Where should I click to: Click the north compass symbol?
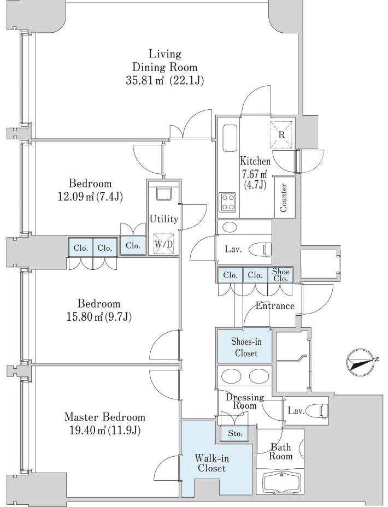(x=361, y=363)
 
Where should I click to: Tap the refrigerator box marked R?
(x=281, y=135)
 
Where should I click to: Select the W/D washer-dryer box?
(x=163, y=244)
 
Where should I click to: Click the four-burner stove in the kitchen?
(x=227, y=202)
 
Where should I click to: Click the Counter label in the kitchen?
(x=283, y=198)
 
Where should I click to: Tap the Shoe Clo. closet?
(x=280, y=275)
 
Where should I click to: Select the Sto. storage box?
(x=235, y=433)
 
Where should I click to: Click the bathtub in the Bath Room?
(x=281, y=484)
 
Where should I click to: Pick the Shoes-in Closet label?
(x=246, y=347)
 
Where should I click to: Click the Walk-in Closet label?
(x=211, y=463)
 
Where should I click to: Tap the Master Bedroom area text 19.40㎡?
(x=89, y=431)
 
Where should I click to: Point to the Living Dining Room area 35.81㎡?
(x=145, y=80)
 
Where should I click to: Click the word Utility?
(x=164, y=219)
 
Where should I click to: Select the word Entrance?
(x=275, y=305)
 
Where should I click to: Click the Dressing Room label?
(x=245, y=401)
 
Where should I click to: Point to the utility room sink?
(x=163, y=194)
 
